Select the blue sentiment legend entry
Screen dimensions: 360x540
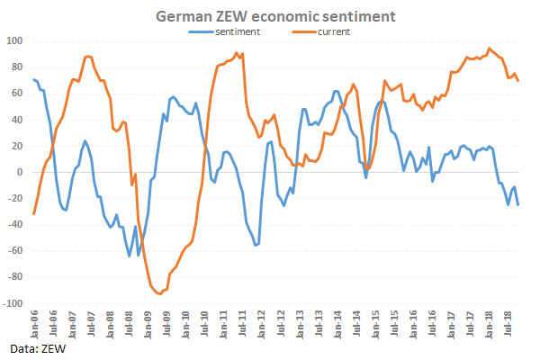coord(238,31)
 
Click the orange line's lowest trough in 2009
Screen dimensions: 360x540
coord(159,293)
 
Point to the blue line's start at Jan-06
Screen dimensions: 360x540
coord(33,80)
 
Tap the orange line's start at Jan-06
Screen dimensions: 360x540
coord(33,214)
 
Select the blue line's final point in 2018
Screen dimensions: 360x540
coord(517,205)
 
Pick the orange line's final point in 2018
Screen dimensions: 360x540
coord(517,81)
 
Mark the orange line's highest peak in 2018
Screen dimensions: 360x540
coord(490,49)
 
